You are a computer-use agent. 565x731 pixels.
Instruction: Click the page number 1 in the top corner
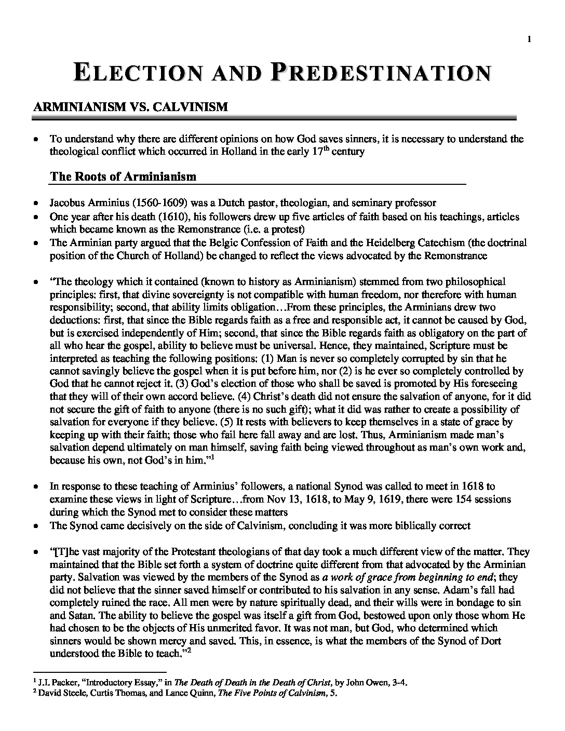[528, 38]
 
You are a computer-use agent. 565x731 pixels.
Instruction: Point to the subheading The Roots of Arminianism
[123, 176]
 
